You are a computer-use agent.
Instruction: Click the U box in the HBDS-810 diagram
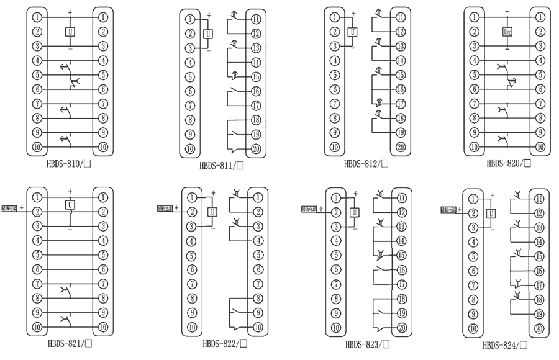(x=70, y=31)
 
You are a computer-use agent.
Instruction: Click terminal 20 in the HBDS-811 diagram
(x=256, y=148)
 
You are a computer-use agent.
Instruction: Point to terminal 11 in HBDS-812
(x=401, y=17)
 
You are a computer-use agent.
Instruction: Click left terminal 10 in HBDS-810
(x=38, y=147)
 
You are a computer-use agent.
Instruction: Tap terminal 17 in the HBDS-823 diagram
(x=402, y=284)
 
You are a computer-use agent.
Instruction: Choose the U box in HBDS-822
(x=212, y=212)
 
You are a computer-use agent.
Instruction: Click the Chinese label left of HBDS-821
(x=10, y=210)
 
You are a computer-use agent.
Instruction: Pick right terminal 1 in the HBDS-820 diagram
(x=540, y=17)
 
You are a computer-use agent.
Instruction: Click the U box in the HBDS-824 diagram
(x=491, y=214)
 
